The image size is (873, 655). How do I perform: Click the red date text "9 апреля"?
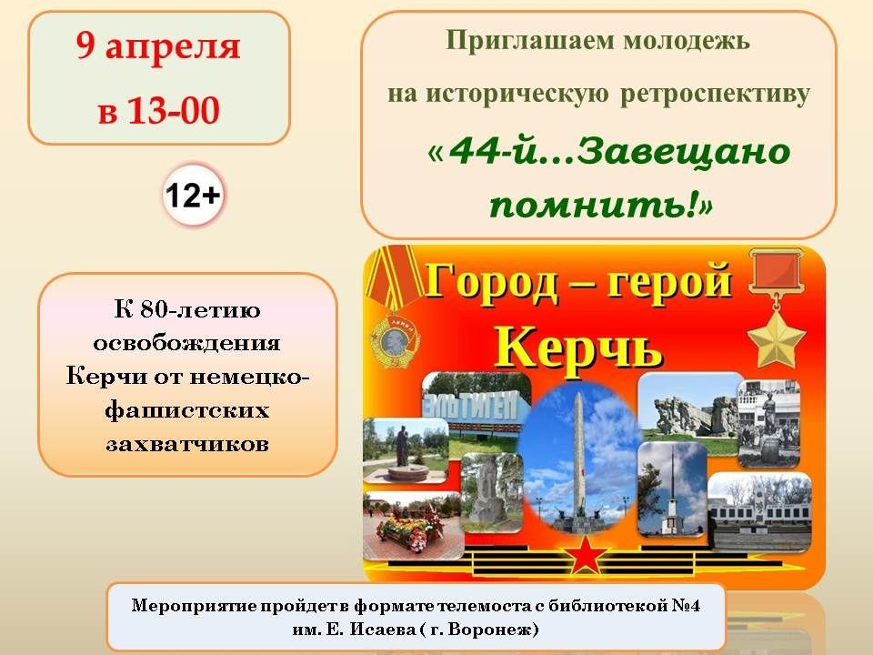pyautogui.click(x=158, y=45)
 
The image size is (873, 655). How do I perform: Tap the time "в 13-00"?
pyautogui.click(x=158, y=110)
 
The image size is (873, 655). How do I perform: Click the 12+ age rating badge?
pyautogui.click(x=193, y=196)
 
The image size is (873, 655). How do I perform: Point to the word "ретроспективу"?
pyautogui.click(x=715, y=94)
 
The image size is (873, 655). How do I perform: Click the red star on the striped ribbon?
pyautogui.click(x=585, y=554)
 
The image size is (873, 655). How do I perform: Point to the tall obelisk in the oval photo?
pyautogui.click(x=579, y=457)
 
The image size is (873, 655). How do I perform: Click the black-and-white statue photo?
pyautogui.click(x=769, y=423)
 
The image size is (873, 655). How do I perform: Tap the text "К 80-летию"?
pyautogui.click(x=187, y=309)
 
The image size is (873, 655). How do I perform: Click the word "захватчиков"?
pyautogui.click(x=187, y=444)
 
